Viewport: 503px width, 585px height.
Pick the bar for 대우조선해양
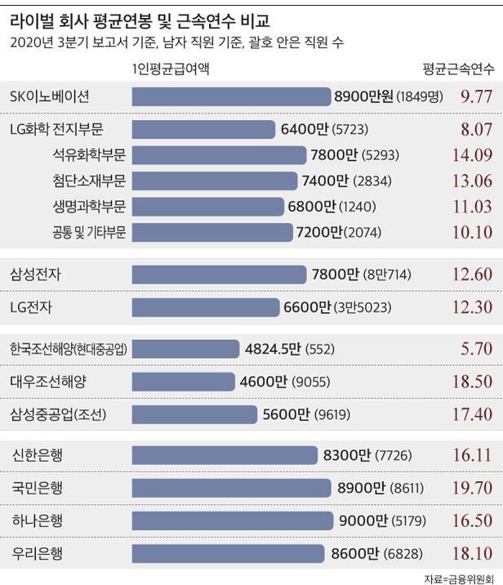(187, 381)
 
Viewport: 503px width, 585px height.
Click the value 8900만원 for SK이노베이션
(364, 96)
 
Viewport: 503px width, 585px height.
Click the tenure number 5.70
(474, 348)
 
